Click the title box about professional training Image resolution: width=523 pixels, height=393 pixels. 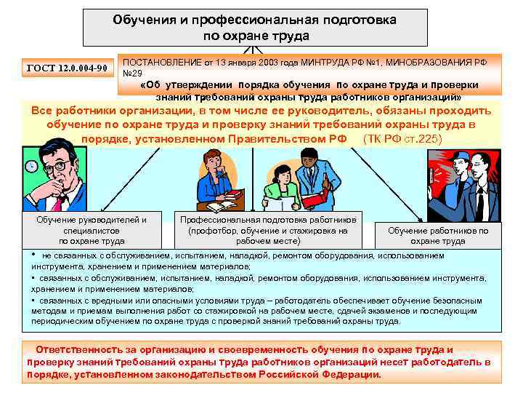(254, 28)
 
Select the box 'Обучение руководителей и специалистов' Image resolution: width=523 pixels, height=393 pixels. (91, 229)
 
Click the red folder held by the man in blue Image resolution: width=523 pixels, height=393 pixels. (316, 198)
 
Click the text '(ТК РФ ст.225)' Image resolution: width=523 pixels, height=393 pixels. (401, 138)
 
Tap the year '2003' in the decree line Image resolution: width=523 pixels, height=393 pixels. (267, 62)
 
